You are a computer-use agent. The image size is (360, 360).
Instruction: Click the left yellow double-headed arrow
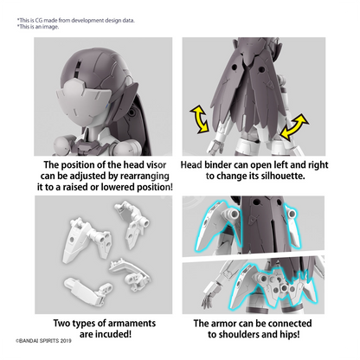click(200, 119)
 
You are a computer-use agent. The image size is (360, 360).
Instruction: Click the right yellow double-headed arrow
click(294, 127)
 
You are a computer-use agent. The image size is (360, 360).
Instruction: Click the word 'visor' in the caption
click(156, 165)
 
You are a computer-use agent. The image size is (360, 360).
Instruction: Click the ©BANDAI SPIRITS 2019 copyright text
click(43, 341)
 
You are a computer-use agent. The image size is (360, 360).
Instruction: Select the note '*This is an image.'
click(38, 27)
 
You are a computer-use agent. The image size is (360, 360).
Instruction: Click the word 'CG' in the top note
click(38, 21)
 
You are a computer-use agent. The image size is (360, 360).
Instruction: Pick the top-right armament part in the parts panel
click(132, 223)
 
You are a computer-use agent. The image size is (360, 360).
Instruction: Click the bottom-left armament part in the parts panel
click(88, 291)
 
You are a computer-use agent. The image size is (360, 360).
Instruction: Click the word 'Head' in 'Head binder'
click(191, 165)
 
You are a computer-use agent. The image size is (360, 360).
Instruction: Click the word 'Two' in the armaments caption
click(61, 324)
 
